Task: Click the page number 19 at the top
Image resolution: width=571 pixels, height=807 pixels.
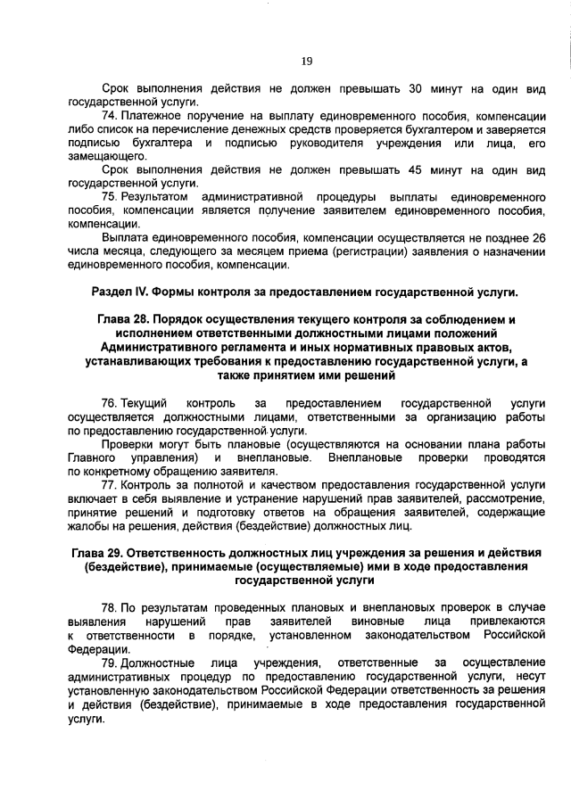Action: tap(306, 61)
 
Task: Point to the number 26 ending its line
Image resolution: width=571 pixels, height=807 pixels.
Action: tap(537, 239)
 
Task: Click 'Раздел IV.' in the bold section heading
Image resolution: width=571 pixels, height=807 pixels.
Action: tap(121, 292)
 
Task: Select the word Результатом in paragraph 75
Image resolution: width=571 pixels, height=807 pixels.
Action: tap(154, 195)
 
